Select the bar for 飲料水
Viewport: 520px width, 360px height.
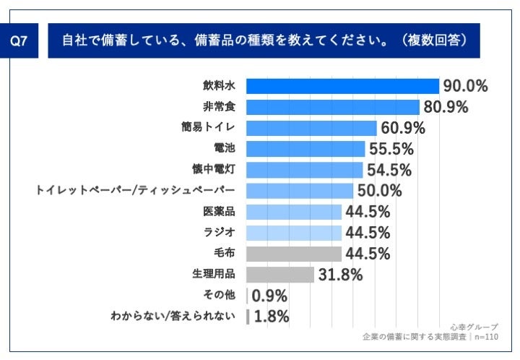pos(342,86)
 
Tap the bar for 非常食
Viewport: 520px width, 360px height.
pos(333,107)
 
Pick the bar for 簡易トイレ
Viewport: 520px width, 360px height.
pos(311,128)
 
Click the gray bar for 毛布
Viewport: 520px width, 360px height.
pos(294,254)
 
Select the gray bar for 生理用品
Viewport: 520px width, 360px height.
pos(280,275)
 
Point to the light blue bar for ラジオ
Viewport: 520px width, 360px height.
pos(294,233)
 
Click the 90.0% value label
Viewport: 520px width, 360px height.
pos(465,86)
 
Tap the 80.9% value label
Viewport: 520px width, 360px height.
pos(445,107)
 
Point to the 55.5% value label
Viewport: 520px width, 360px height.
pos(391,149)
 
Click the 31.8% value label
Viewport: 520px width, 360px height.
pos(339,275)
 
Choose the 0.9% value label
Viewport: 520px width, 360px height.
pos(269,296)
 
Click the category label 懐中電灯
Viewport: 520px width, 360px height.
pos(219,170)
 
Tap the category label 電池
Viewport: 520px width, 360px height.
pos(225,149)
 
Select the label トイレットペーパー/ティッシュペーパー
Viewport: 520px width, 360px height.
pos(136,191)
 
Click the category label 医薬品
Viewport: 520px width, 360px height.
pos(219,212)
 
